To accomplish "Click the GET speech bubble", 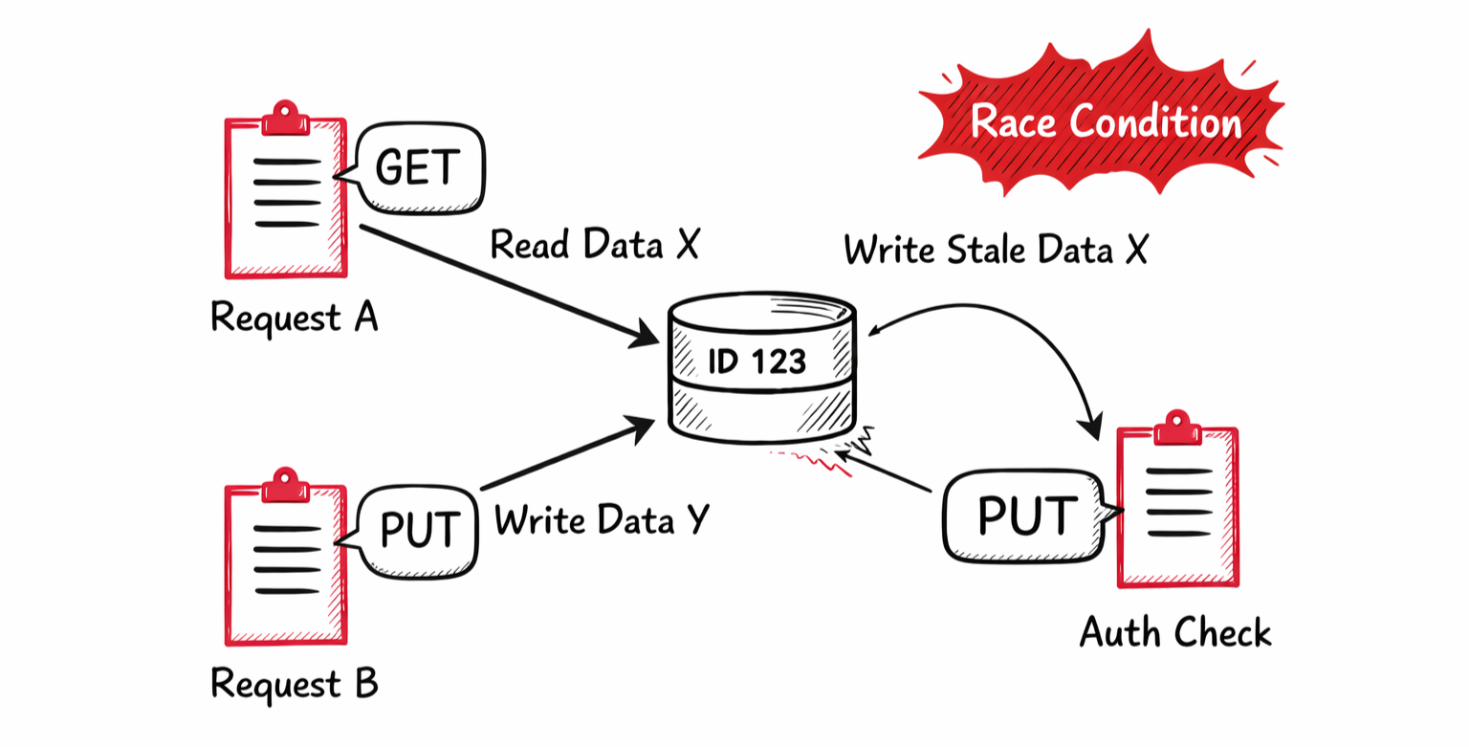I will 419,167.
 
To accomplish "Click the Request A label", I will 294,318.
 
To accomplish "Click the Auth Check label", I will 1175,632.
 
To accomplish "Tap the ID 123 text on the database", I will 756,362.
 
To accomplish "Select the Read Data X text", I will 595,245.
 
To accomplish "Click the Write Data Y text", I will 602,520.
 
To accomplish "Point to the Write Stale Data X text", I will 995,250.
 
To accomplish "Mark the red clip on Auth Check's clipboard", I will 1177,427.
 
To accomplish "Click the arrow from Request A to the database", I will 501,283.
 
